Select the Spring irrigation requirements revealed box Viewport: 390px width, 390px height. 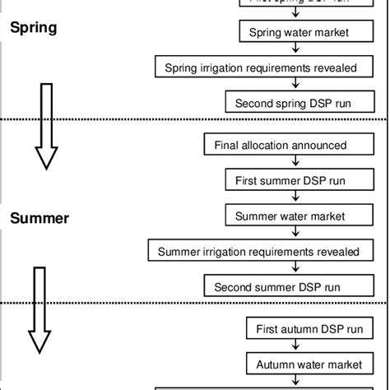coord(260,68)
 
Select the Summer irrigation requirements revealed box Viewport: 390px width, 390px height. coord(258,252)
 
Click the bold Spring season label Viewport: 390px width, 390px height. coord(34,29)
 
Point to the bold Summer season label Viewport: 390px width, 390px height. coord(39,219)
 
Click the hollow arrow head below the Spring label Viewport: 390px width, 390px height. coord(46,156)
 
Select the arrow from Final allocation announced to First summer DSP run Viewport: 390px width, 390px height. coord(295,163)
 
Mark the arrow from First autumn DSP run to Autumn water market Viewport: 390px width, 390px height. coord(295,346)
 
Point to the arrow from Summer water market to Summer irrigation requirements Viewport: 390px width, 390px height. coord(295,234)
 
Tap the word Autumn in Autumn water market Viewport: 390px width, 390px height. coord(275,364)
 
